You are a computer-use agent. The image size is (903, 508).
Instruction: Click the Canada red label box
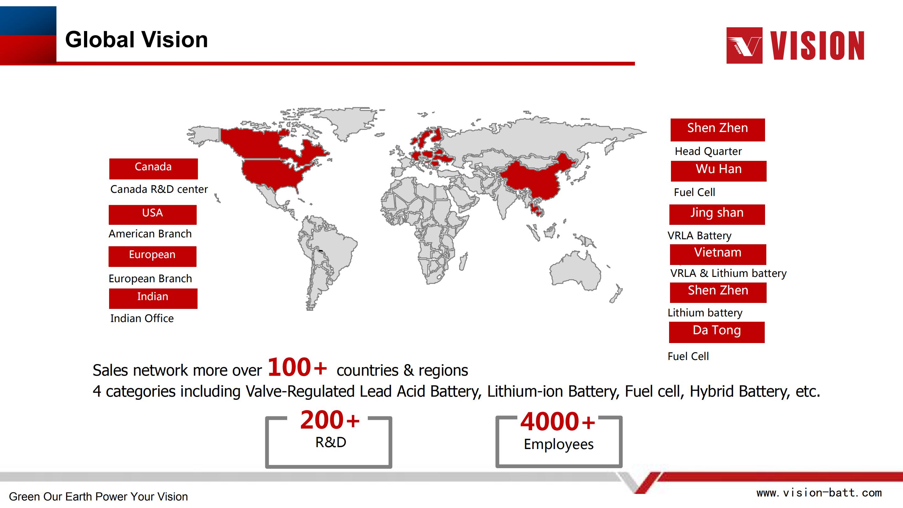point(153,169)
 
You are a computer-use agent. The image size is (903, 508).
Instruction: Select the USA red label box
point(152,214)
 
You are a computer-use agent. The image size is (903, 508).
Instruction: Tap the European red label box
point(152,256)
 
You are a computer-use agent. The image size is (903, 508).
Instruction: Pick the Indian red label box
point(153,298)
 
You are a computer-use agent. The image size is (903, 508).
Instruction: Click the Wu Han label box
point(719,171)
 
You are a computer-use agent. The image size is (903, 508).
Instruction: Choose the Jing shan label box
point(717,214)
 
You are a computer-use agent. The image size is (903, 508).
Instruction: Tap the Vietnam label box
point(718,255)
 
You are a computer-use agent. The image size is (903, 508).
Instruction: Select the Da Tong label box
point(716,332)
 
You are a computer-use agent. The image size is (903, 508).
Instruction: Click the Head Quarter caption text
point(708,151)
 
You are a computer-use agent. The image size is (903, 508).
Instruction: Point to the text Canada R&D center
point(159,189)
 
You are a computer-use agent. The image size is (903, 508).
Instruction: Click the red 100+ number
point(297,368)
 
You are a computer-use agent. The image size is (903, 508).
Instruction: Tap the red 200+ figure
point(330,420)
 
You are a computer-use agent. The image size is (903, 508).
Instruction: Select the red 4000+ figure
point(557,421)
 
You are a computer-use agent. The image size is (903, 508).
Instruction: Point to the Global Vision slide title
point(136,39)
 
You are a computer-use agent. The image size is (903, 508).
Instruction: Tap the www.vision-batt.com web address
point(819,493)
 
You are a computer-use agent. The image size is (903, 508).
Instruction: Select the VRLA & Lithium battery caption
point(728,273)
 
